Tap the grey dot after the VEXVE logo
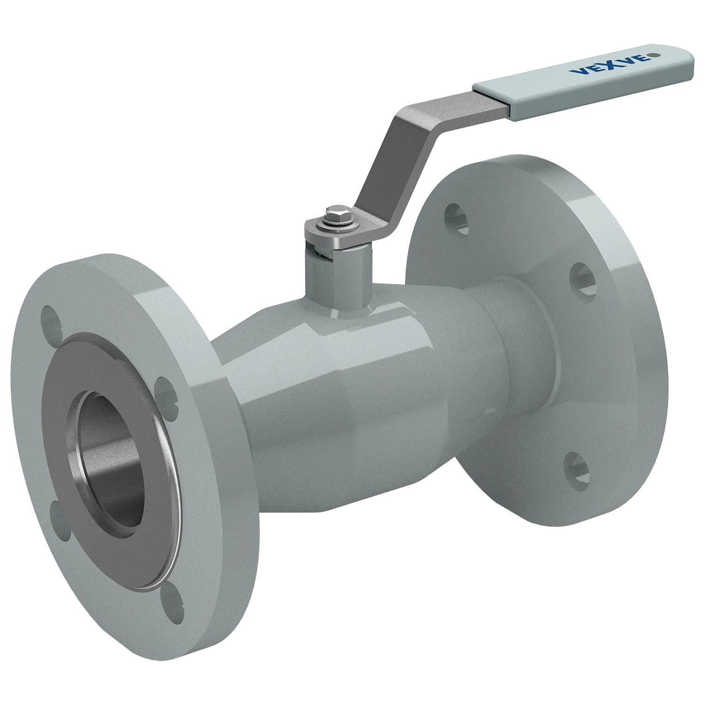click(650, 57)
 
